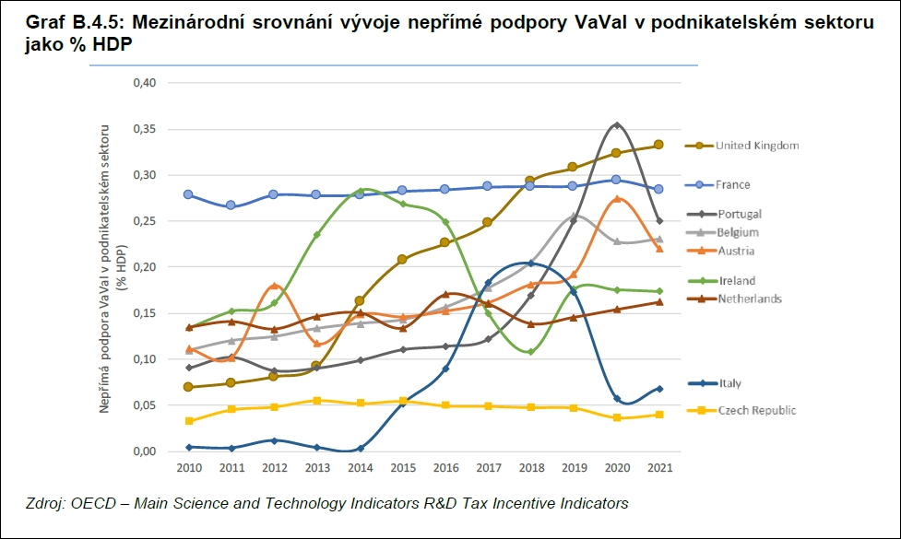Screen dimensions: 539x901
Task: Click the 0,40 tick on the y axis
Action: coord(145,83)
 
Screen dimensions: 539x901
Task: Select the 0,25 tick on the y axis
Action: coord(145,221)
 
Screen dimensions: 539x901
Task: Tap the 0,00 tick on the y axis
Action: coord(145,451)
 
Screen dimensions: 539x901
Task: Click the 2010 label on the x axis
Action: coord(188,468)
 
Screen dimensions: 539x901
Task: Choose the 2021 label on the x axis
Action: coord(658,468)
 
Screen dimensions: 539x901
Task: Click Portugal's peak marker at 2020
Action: coord(616,125)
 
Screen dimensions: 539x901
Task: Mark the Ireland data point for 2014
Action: coord(360,191)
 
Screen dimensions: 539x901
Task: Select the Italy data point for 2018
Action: coord(530,264)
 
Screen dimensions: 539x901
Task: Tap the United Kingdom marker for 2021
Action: coord(658,145)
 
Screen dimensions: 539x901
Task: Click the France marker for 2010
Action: coord(188,194)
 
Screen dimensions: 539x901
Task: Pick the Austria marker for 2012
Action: coord(274,286)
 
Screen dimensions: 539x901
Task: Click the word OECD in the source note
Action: coord(87,504)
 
